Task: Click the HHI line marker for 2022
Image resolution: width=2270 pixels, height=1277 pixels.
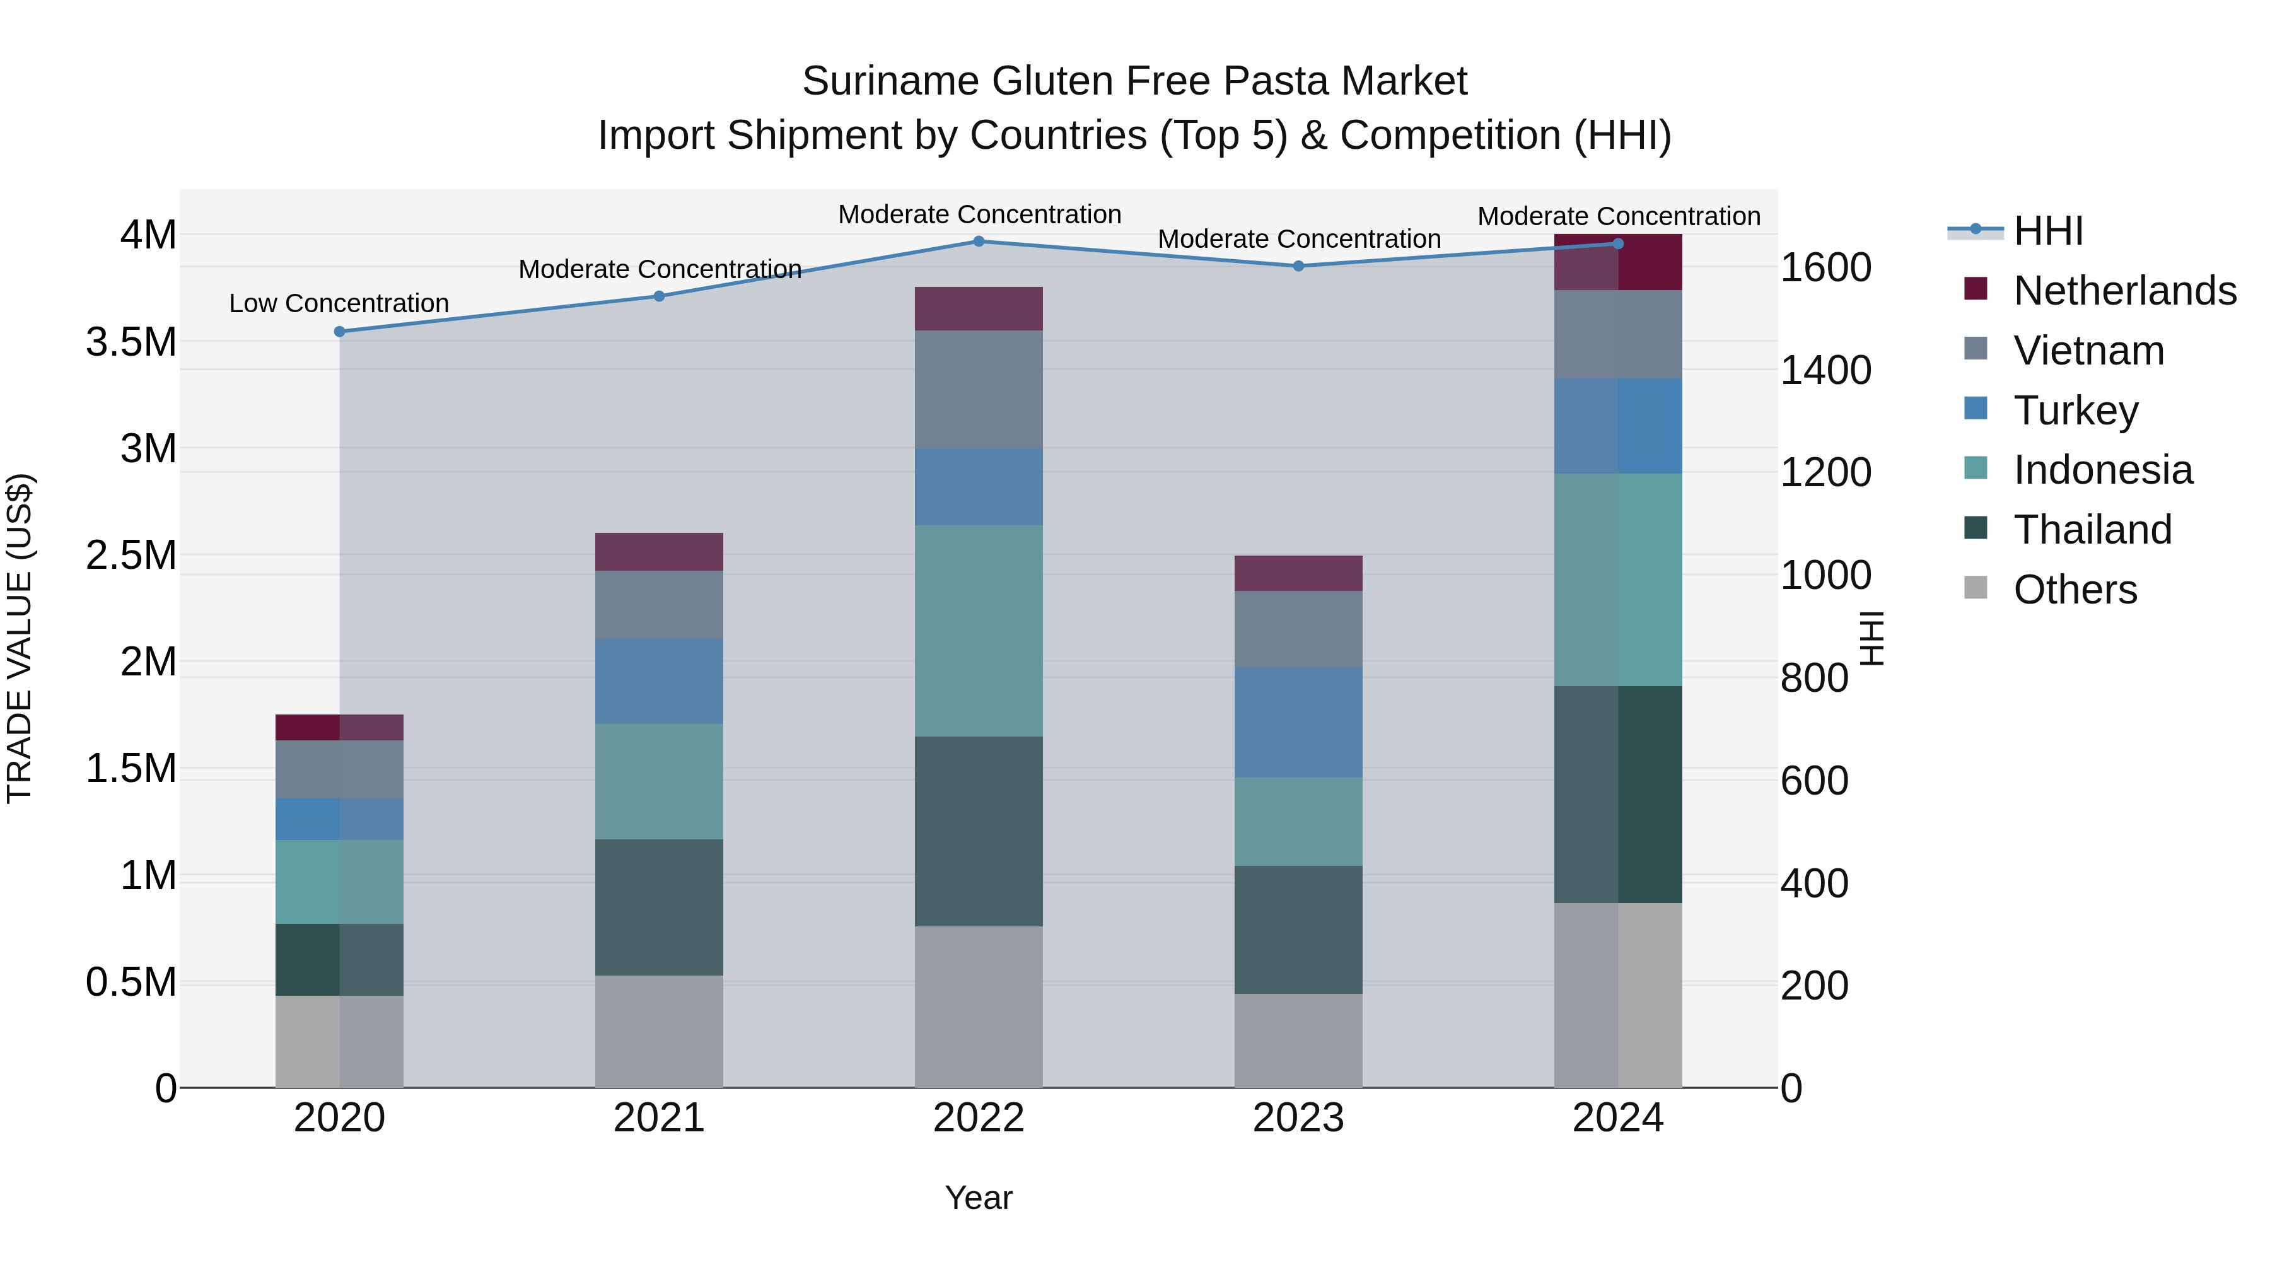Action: (978, 242)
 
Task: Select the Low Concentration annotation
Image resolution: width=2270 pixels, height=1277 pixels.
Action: (339, 303)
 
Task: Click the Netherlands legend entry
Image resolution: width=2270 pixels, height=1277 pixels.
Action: (2124, 291)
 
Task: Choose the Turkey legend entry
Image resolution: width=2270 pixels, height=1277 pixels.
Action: (2075, 411)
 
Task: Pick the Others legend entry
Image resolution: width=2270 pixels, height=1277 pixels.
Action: (2075, 590)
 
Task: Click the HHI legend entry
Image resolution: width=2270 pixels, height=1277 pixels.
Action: (2048, 231)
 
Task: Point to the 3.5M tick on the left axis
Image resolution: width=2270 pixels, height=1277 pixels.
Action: (131, 342)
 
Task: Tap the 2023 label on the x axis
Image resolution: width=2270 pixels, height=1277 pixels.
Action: (1298, 1118)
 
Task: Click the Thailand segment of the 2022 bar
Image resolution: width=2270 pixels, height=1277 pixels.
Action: (978, 831)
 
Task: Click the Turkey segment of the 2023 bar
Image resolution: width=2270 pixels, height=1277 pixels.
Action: (1298, 722)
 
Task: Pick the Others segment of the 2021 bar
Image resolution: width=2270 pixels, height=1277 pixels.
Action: (658, 1031)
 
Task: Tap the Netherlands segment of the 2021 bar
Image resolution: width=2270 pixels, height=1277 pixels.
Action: (658, 552)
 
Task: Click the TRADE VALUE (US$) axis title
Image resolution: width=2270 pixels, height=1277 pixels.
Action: (20, 638)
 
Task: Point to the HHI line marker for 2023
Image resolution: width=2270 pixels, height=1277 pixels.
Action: (1298, 266)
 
